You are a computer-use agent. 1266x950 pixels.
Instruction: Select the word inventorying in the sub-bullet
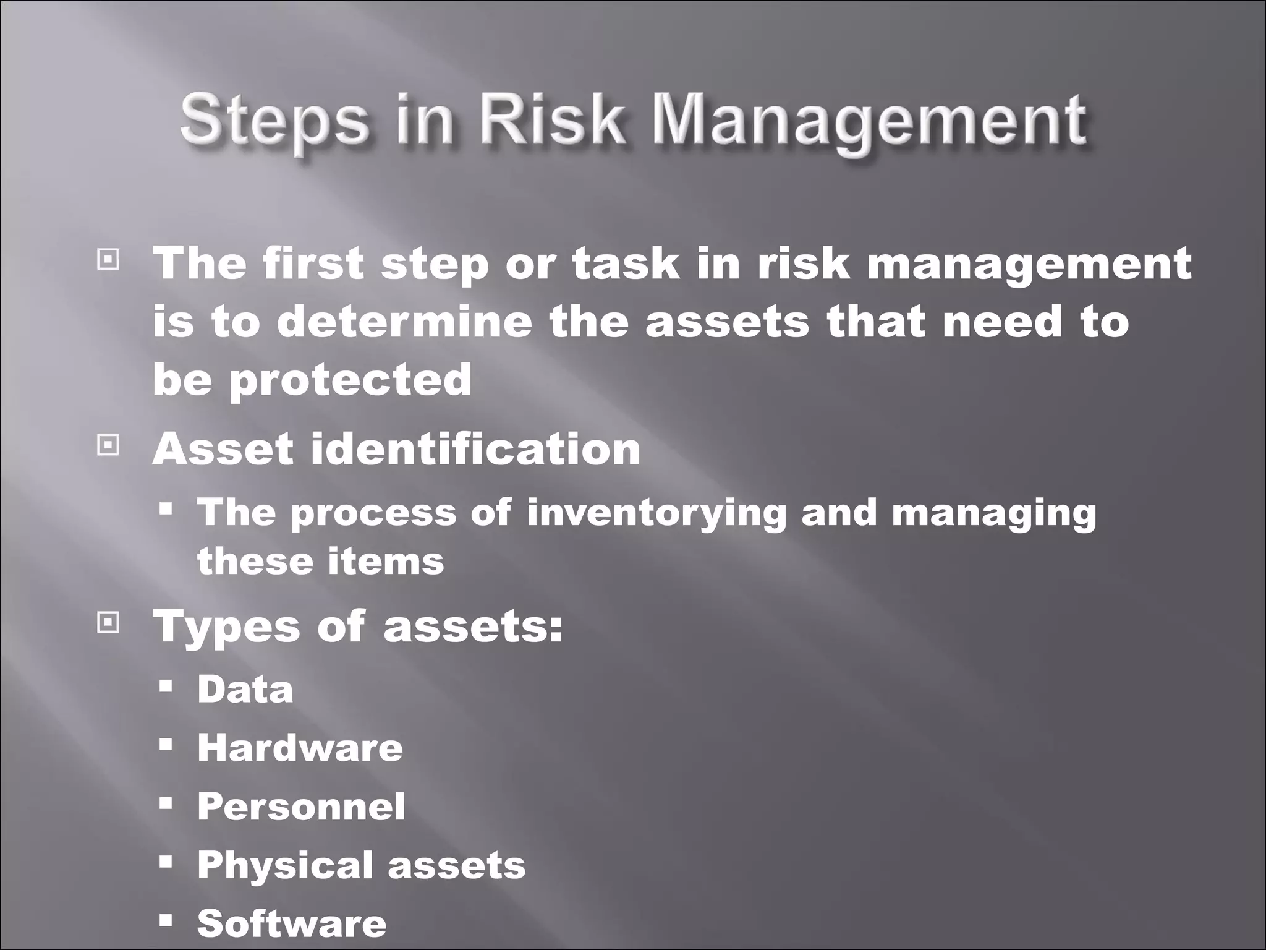[656, 514]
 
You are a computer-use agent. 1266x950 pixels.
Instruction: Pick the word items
[386, 562]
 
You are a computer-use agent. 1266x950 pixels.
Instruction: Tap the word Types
[225, 627]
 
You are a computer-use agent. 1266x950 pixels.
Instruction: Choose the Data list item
[245, 689]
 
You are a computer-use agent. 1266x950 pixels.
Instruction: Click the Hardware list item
[300, 748]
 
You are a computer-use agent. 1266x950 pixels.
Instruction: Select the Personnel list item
[301, 807]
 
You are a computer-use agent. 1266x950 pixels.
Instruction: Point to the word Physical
[286, 865]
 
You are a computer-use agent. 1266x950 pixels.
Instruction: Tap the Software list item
[292, 923]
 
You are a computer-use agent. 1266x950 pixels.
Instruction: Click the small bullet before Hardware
[165, 744]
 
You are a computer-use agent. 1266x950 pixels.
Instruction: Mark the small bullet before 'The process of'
[165, 510]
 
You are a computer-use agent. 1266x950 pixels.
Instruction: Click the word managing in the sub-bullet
[993, 514]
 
